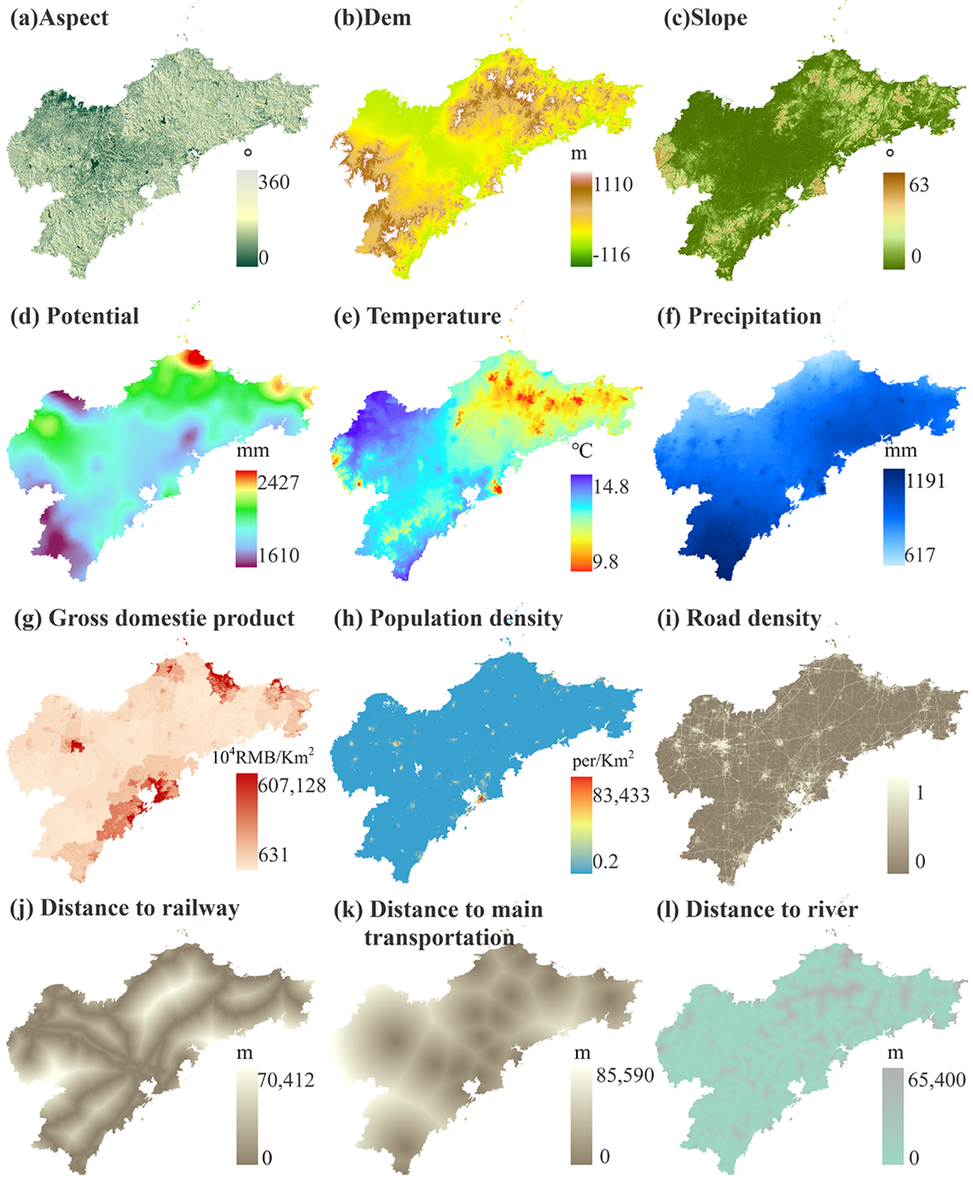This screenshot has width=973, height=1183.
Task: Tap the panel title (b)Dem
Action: [372, 18]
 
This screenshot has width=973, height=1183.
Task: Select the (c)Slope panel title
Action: [705, 18]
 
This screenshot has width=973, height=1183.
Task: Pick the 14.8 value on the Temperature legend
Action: [611, 486]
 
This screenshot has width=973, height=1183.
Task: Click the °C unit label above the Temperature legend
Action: [582, 451]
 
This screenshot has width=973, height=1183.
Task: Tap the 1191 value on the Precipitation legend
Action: [925, 481]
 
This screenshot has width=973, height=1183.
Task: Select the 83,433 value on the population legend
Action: [621, 795]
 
